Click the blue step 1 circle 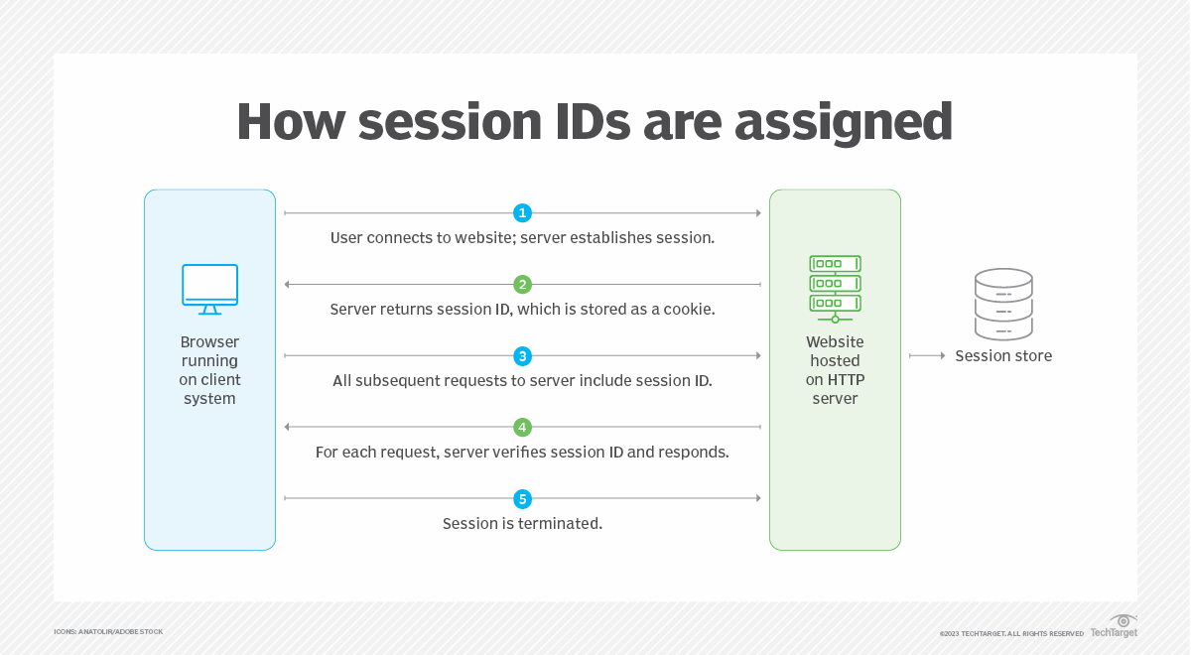pos(522,213)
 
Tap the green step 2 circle pos(522,285)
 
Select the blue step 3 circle pos(522,356)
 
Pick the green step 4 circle pos(522,428)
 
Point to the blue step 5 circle pos(522,499)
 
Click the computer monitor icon pos(209,289)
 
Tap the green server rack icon pos(835,289)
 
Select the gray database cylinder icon pos(1003,305)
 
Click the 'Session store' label pos(1003,355)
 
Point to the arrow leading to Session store pos(926,355)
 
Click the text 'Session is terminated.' pos(522,523)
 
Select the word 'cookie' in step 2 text pos(688,309)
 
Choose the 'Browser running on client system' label pos(209,370)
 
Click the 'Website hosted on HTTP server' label pos(835,370)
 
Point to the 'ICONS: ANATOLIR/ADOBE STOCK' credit pos(108,631)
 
